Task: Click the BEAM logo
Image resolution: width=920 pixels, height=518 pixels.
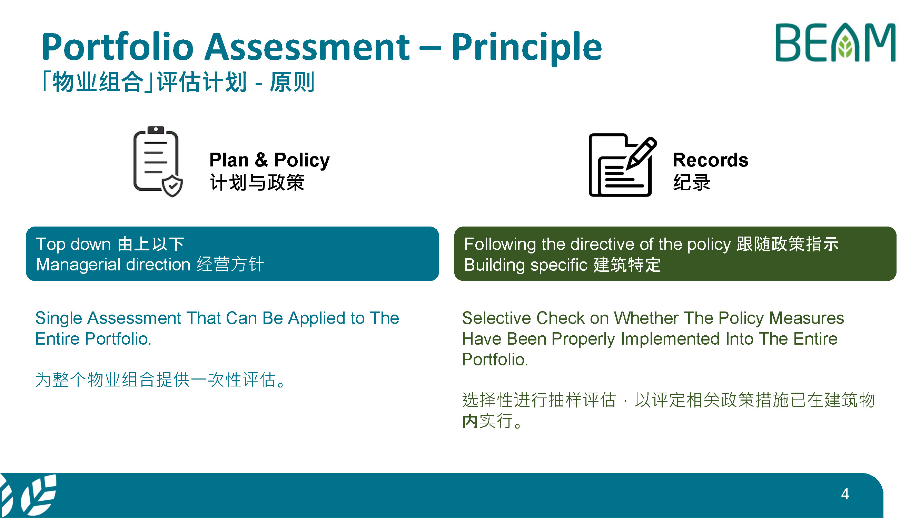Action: tap(835, 42)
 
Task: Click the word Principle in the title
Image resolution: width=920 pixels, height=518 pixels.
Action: tap(527, 48)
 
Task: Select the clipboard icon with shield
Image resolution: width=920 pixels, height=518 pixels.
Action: tap(158, 162)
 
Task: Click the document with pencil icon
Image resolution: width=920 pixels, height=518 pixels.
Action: tap(623, 165)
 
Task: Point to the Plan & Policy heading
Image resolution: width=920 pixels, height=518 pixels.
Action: tap(270, 160)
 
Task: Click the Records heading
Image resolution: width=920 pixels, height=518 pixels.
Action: tap(710, 160)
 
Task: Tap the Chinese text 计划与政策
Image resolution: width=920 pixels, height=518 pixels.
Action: tap(257, 182)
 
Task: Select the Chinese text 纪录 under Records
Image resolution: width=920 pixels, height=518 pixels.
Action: tap(692, 182)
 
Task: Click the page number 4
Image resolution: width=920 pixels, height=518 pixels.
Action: tap(845, 494)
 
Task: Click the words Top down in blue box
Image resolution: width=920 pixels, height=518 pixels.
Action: tap(73, 244)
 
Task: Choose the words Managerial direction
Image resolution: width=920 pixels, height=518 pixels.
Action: tap(113, 265)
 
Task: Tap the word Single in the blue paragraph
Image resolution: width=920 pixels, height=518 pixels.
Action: tap(59, 318)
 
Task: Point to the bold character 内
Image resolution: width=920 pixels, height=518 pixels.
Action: tap(470, 421)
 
